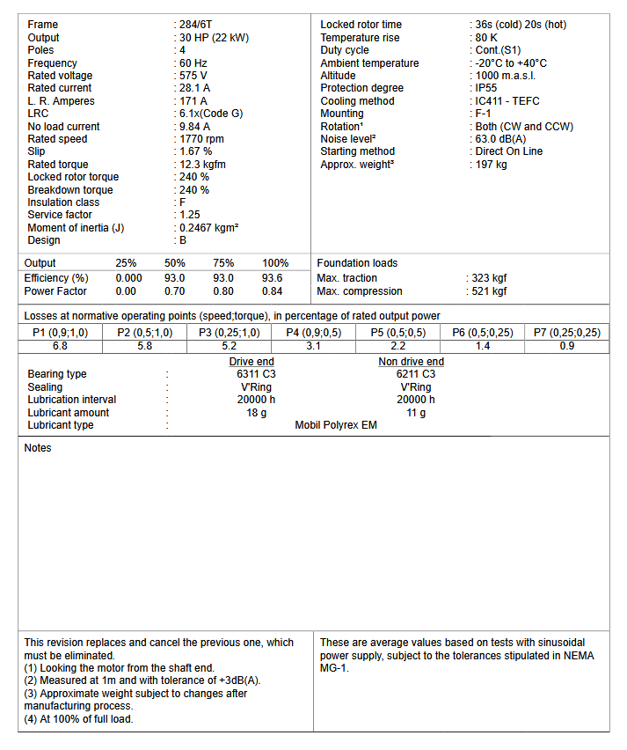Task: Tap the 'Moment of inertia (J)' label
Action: click(x=76, y=228)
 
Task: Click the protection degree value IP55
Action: click(x=488, y=88)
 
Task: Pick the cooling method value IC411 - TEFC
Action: click(x=507, y=101)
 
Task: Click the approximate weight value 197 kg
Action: click(x=491, y=165)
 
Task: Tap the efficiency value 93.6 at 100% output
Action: click(x=273, y=278)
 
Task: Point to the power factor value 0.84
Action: click(x=273, y=291)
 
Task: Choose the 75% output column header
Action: click(x=223, y=263)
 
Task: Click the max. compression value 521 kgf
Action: click(x=490, y=291)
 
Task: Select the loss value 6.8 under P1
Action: click(x=60, y=346)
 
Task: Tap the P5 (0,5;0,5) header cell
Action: click(x=398, y=333)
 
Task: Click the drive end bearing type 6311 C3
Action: click(x=251, y=374)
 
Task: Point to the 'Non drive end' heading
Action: click(x=411, y=362)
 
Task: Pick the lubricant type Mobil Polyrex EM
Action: click(x=336, y=425)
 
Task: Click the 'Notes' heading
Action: click(x=38, y=448)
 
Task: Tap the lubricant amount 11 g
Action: click(x=416, y=413)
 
